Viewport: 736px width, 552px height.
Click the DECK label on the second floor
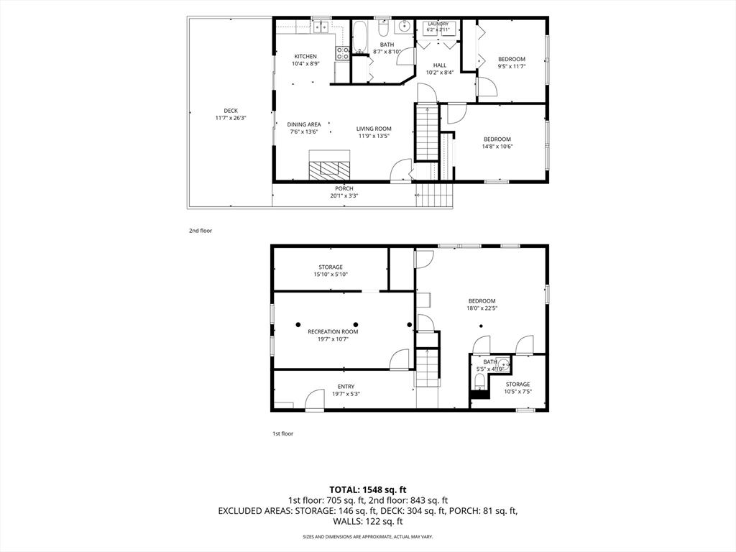(x=231, y=111)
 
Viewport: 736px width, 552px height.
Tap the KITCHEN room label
(x=305, y=56)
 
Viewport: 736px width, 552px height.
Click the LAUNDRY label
(x=438, y=24)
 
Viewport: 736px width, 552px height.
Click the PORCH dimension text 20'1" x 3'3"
(x=344, y=196)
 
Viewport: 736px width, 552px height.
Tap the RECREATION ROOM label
(x=333, y=332)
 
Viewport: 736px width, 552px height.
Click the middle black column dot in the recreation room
(x=356, y=324)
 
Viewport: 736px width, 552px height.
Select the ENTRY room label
(x=346, y=387)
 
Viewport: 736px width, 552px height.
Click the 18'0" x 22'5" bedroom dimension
(x=482, y=308)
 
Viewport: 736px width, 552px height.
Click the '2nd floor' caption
(x=201, y=231)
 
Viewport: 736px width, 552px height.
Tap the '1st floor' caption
(x=283, y=433)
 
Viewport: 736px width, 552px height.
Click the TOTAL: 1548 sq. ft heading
(x=367, y=490)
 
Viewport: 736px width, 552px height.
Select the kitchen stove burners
(x=342, y=53)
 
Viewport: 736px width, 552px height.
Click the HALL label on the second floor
(x=440, y=65)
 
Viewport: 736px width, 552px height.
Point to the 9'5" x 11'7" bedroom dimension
(x=512, y=67)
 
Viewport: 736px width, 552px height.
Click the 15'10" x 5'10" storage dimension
(x=331, y=275)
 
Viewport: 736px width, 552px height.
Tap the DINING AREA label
(x=304, y=124)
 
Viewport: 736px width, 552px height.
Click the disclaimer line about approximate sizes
(x=367, y=536)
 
